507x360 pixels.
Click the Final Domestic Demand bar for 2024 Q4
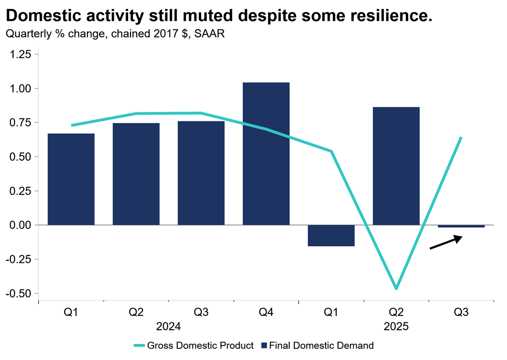click(266, 153)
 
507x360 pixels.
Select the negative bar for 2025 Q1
click(331, 236)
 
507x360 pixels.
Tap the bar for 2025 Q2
click(396, 166)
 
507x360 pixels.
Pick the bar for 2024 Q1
click(71, 179)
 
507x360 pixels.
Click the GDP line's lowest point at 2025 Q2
click(396, 288)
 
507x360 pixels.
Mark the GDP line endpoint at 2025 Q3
click(461, 137)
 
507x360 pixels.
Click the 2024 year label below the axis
click(168, 327)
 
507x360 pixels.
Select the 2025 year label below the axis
click(396, 327)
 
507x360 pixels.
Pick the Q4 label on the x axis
click(266, 313)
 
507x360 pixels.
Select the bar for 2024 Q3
click(201, 173)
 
